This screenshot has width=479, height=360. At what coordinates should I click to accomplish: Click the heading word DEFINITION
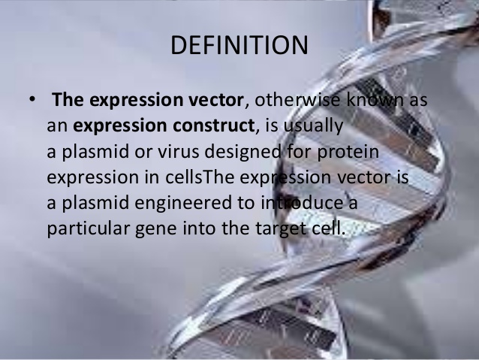tap(239, 44)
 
